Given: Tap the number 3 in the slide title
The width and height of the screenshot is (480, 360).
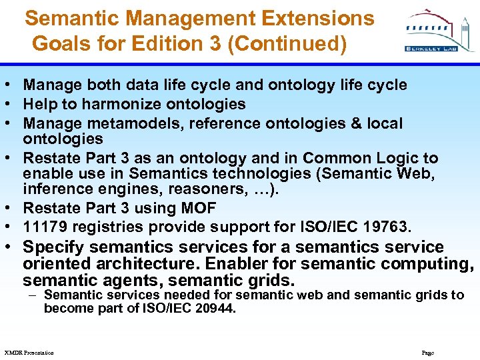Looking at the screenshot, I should (205, 44).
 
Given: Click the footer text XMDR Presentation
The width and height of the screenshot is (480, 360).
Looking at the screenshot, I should (29, 352).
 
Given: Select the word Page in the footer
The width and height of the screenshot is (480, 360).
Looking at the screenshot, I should (428, 352).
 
